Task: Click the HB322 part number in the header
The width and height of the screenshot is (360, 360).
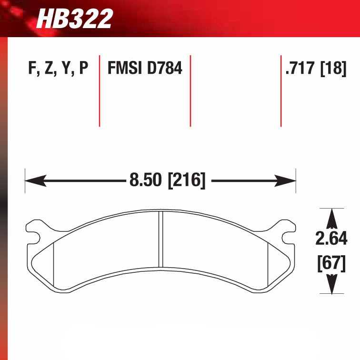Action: point(75,19)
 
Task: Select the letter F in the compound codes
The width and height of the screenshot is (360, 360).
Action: point(32,68)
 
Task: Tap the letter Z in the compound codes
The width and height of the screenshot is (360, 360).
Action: point(49,68)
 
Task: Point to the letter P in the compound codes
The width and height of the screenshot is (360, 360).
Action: point(84,68)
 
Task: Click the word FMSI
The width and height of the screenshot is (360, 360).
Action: point(125,68)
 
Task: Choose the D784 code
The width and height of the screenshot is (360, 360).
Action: point(165,68)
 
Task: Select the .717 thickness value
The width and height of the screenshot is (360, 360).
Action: point(300,68)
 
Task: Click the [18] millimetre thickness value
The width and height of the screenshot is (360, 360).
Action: point(333,68)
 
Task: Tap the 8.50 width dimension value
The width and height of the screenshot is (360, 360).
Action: point(146,180)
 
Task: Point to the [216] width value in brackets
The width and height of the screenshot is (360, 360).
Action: point(187,180)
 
